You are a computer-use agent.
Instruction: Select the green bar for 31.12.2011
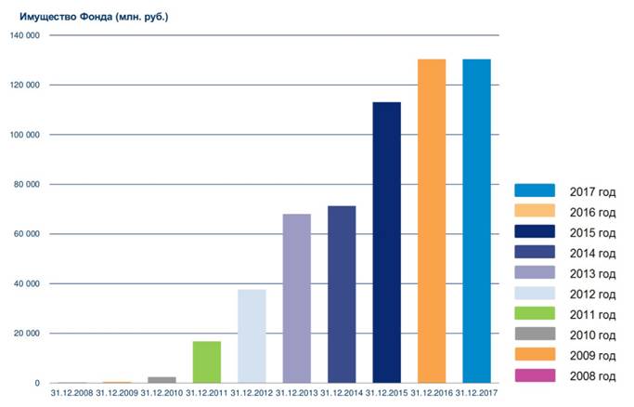207,361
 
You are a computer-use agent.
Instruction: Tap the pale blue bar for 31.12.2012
252,336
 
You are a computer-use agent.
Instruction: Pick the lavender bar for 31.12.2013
296,298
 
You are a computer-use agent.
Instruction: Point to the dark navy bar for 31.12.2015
386,242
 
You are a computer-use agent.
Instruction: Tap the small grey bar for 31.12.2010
162,379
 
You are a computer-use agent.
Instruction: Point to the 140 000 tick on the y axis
25,35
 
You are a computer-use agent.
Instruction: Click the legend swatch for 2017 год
535,190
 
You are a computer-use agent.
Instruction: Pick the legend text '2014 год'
593,252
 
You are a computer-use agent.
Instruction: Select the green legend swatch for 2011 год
535,313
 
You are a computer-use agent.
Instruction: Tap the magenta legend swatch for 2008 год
535,375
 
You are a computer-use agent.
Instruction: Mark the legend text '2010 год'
593,335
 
